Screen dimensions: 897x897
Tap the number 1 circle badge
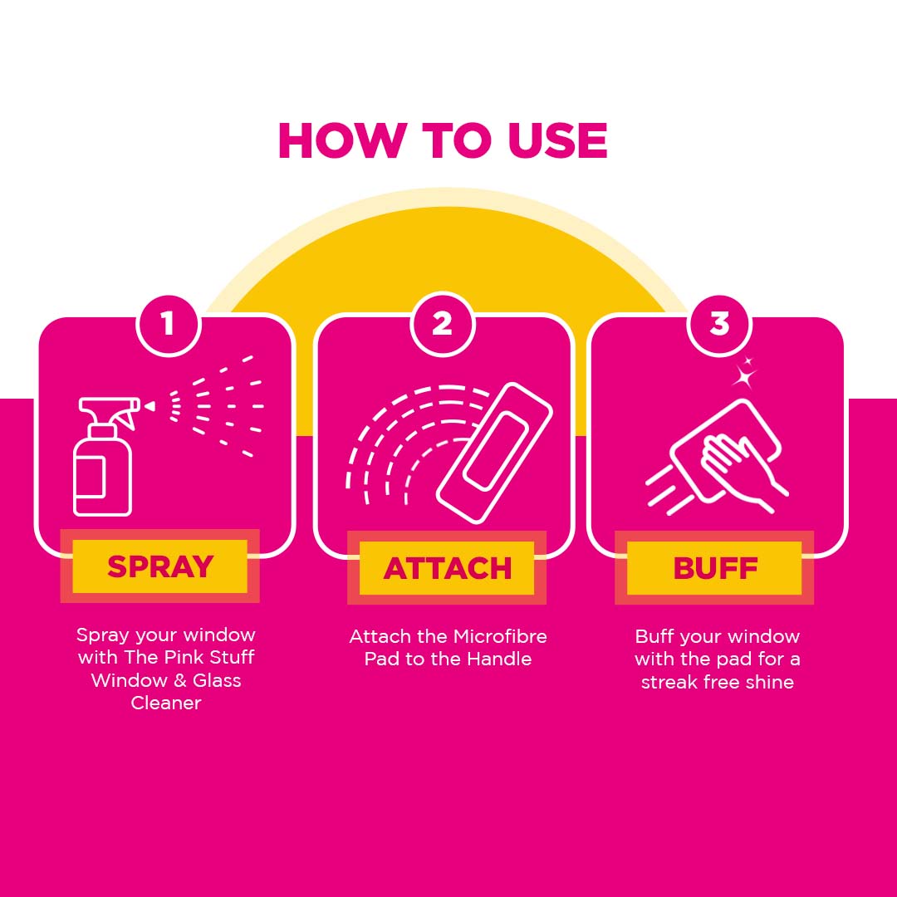tap(169, 324)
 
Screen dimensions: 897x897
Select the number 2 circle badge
tap(442, 324)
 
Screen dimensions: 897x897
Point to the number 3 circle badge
tap(719, 324)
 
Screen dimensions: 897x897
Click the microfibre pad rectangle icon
tap(495, 452)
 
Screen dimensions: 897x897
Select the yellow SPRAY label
tap(160, 566)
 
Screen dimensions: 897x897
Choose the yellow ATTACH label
tap(447, 568)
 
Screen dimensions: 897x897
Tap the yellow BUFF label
tap(714, 568)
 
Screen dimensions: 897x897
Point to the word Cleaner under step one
tap(166, 703)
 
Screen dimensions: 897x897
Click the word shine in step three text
tap(769, 683)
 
